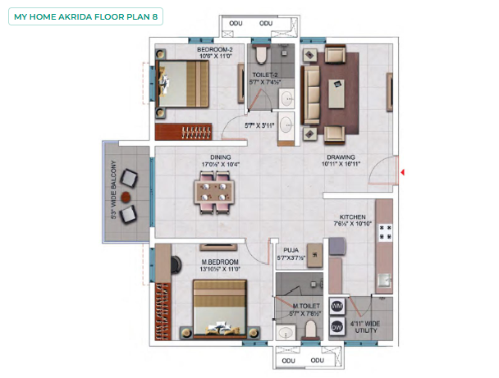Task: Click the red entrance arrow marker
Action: [403, 171]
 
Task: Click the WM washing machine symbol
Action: [336, 306]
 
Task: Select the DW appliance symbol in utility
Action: [336, 326]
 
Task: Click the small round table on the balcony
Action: [126, 198]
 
